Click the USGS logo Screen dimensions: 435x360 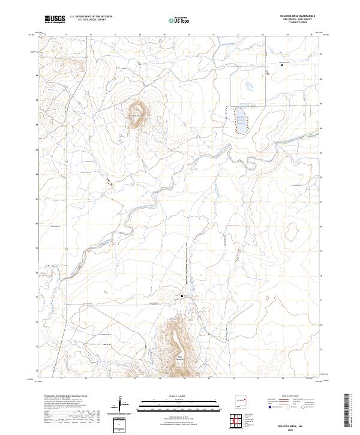point(55,20)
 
